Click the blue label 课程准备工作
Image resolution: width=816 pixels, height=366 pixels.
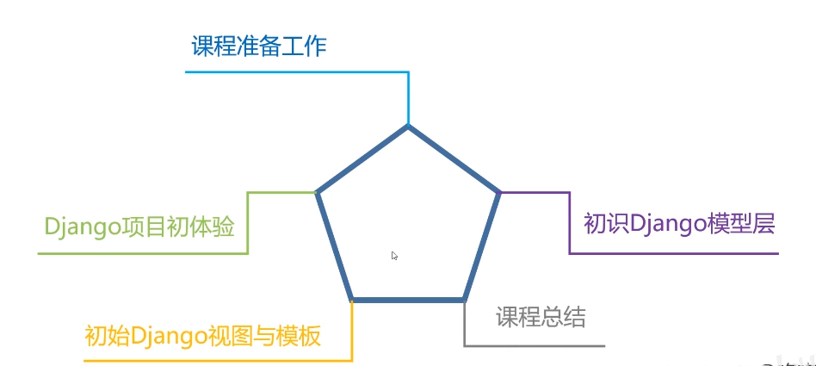point(258,45)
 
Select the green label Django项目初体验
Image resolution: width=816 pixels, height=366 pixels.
point(139,227)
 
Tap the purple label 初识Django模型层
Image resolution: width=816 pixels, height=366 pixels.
point(680,224)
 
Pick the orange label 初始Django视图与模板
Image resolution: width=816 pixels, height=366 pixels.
point(202,335)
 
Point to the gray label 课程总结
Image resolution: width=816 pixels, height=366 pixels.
point(541,317)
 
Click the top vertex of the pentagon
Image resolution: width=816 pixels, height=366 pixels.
point(408,127)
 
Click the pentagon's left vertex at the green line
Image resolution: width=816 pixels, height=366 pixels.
point(318,193)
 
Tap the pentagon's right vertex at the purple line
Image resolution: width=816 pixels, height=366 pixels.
point(499,193)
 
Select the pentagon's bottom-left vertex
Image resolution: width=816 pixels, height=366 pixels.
point(352,300)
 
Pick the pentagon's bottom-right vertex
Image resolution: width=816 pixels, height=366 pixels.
point(464,300)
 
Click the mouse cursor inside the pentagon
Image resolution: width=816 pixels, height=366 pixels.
point(394,256)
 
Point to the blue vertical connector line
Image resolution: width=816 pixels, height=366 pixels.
point(408,98)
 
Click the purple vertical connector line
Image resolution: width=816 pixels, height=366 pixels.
point(570,223)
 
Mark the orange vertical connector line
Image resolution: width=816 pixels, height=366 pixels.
point(352,331)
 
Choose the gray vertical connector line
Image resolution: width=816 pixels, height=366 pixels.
point(464,324)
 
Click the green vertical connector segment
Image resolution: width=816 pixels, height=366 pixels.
point(248,223)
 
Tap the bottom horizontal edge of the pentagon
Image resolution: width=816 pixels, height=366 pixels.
point(408,300)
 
